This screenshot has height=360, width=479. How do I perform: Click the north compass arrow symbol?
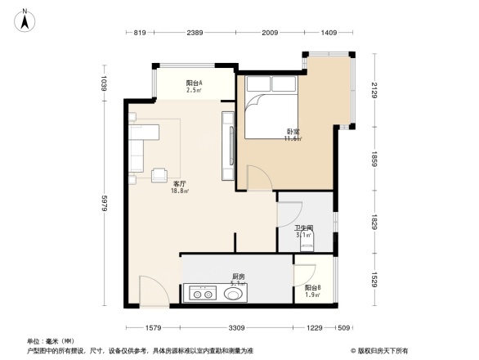[x=25, y=19]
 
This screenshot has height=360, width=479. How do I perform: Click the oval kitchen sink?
[x=234, y=292]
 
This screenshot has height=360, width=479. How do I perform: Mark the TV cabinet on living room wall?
[x=227, y=146]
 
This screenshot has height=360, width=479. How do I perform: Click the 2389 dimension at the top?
[x=194, y=33]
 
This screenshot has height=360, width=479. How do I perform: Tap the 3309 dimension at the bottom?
[x=237, y=328]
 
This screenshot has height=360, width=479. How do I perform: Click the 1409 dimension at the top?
[x=329, y=33]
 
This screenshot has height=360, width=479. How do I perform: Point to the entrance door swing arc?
[x=154, y=288]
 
